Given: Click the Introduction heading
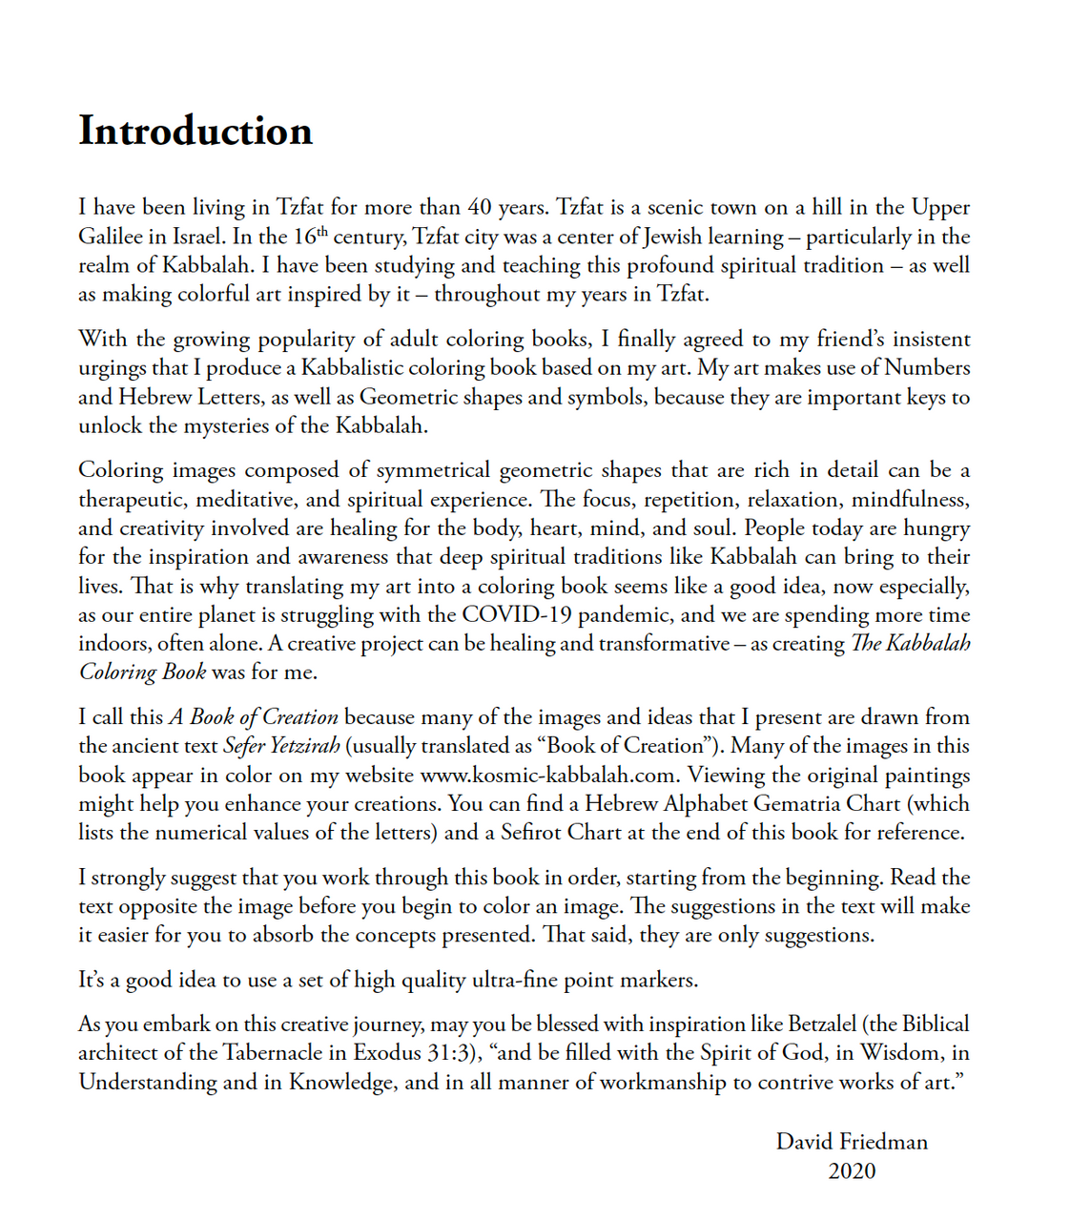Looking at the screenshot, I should pyautogui.click(x=195, y=132).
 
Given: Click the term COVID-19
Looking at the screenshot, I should pyautogui.click(x=520, y=614).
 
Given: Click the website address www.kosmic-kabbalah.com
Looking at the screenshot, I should pyautogui.click(x=550, y=775).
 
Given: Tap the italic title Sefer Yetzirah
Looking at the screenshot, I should pyautogui.click(x=281, y=746).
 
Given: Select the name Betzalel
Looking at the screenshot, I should pyautogui.click(x=823, y=1024).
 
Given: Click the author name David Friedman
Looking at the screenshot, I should pyautogui.click(x=852, y=1142).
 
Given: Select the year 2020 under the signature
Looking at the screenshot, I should pyautogui.click(x=852, y=1170).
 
